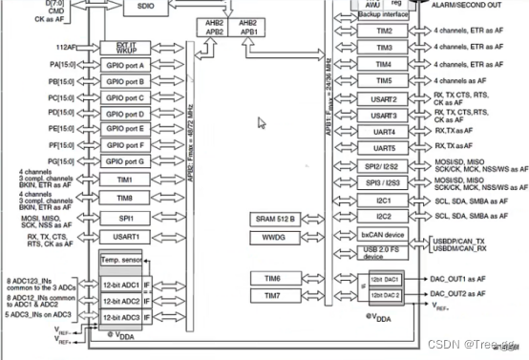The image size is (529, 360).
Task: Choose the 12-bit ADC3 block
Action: click(121, 316)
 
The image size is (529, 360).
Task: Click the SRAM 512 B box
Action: click(275, 218)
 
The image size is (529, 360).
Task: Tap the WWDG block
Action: click(275, 236)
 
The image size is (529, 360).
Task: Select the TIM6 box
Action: click(275, 278)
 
